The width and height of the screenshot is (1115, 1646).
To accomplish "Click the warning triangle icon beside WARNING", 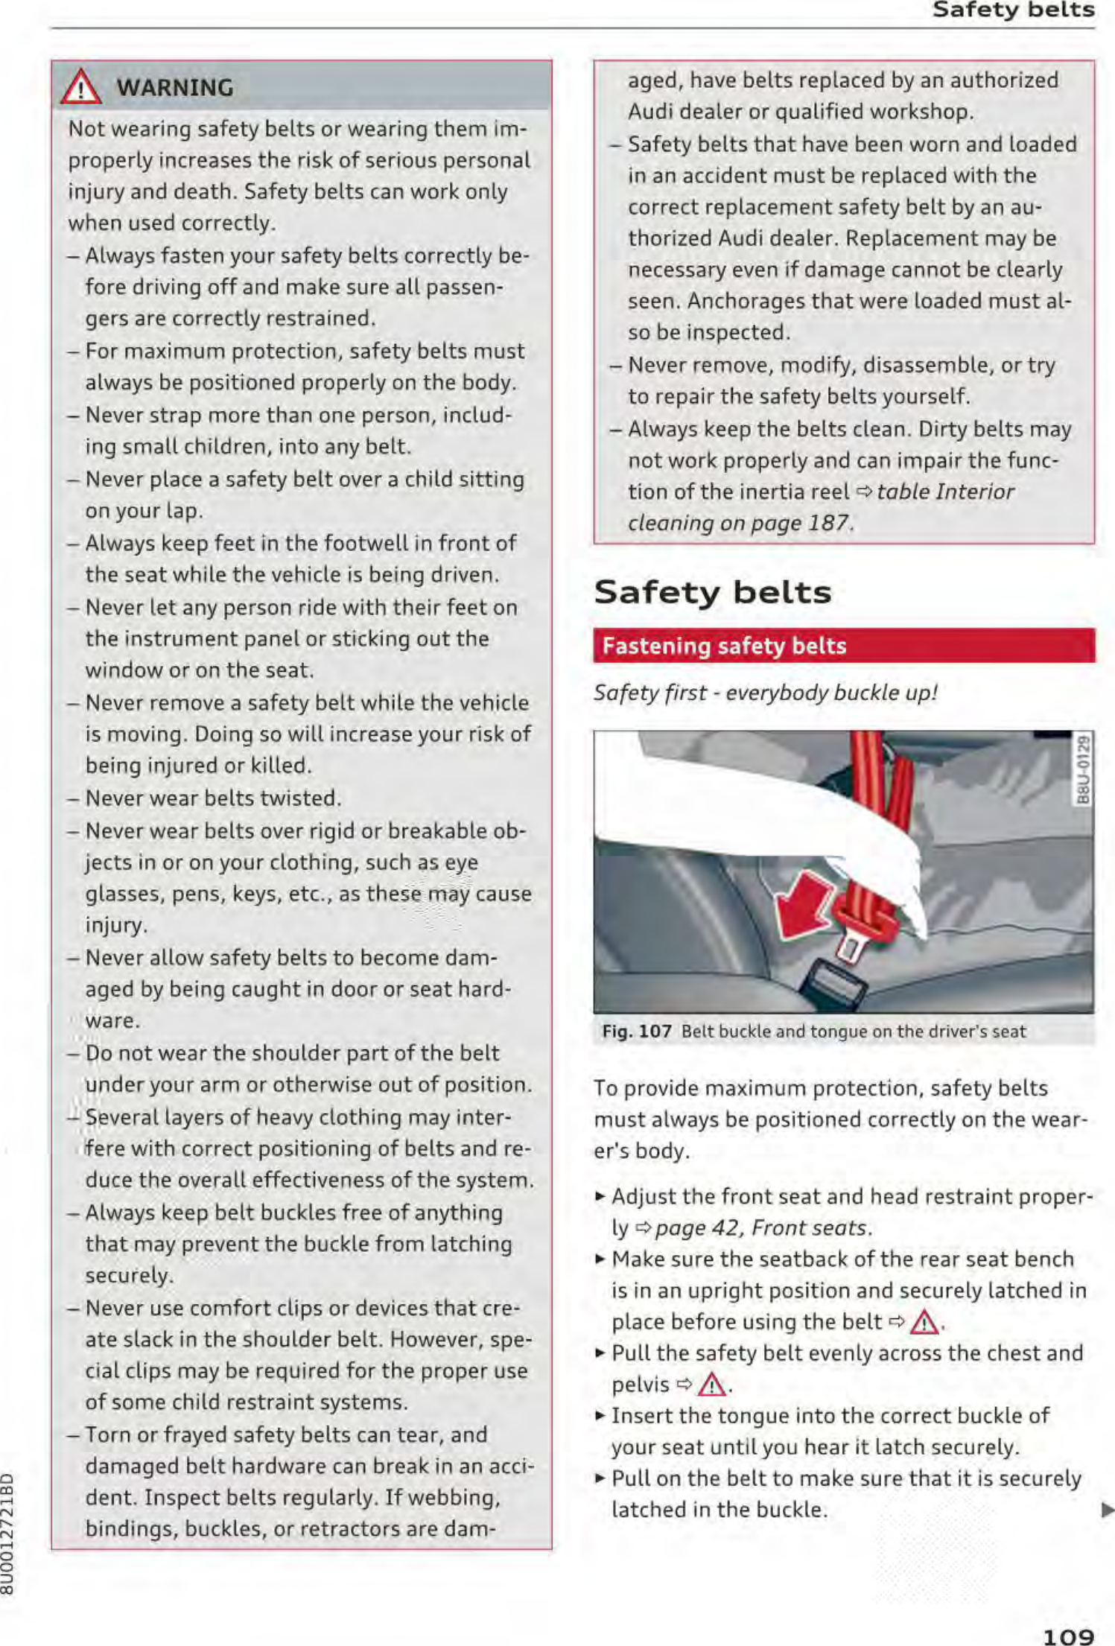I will tap(81, 88).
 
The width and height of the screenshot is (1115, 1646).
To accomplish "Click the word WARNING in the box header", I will tap(175, 88).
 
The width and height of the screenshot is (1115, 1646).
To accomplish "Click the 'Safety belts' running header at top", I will tap(1013, 10).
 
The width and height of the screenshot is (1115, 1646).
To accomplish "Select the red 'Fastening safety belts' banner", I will tap(843, 646).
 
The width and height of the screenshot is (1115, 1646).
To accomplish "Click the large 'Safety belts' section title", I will tap(712, 593).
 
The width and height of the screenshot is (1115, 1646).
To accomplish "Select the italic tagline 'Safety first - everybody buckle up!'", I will tap(765, 693).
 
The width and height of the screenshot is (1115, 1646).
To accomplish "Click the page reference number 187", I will tap(827, 524).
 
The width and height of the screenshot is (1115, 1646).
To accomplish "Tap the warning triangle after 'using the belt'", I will tap(924, 1323).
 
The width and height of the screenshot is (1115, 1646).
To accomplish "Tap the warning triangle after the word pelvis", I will tap(712, 1385).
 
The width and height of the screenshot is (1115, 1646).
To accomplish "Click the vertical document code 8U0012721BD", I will tap(7, 1534).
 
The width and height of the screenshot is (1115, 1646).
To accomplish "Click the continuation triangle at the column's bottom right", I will tap(1107, 1510).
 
